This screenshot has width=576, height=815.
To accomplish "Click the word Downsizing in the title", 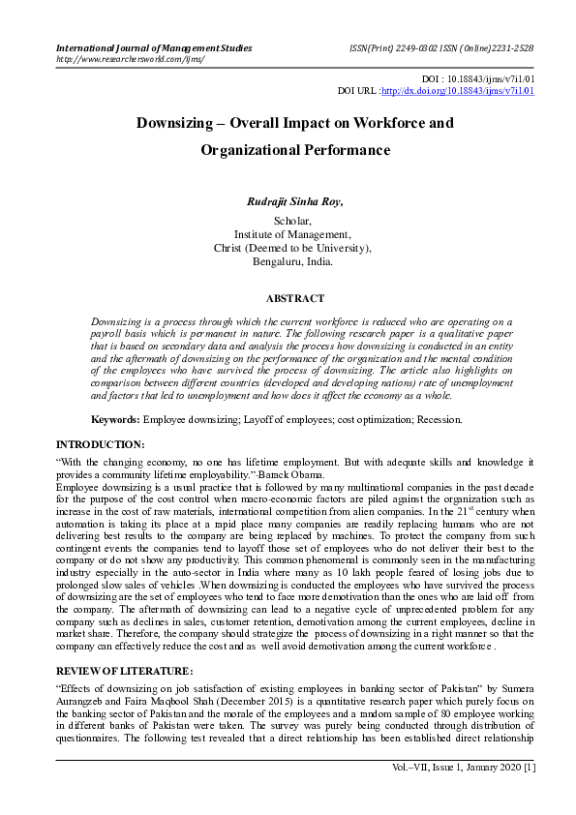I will tap(177, 124).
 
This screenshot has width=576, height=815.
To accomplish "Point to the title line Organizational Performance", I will tap(294, 150).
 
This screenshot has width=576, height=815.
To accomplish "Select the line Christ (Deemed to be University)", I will tap(293, 247).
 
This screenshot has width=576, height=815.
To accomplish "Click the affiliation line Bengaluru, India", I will tap(293, 260).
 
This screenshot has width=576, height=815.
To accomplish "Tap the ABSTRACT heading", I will tap(294, 299).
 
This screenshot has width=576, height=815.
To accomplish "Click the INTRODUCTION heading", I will tap(101, 444).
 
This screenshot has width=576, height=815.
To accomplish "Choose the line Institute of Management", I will tap(293, 233).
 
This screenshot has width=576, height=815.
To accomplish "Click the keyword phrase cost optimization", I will tap(354, 420).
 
